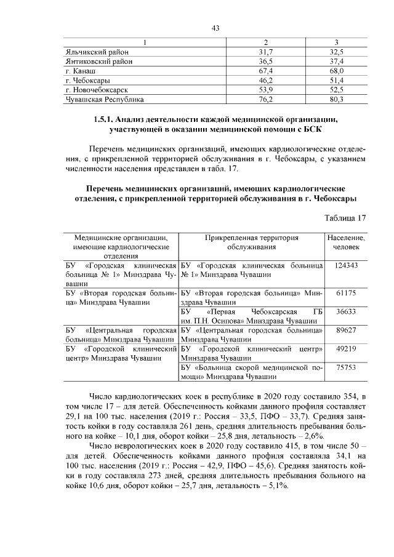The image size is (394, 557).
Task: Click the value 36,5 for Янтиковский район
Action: (x=266, y=62)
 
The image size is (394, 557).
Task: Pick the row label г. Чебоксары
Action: (x=87, y=81)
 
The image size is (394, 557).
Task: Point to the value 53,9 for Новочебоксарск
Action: (x=266, y=90)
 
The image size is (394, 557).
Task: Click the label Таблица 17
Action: (x=345, y=218)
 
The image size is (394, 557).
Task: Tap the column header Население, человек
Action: (x=346, y=242)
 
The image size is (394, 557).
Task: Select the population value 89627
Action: (x=346, y=330)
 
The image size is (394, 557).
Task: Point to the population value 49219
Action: (x=346, y=348)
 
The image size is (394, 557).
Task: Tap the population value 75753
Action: (x=346, y=367)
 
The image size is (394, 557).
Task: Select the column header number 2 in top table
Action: (x=266, y=43)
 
